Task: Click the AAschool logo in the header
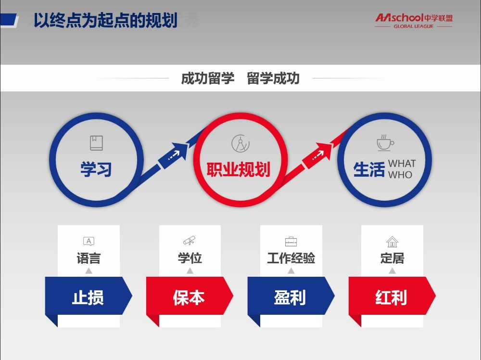414,21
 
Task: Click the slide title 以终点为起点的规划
105,20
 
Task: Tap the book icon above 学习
96,143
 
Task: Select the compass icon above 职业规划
240,143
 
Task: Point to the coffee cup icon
385,143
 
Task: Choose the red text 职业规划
239,169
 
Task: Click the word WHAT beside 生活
402,163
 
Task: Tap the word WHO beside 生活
400,175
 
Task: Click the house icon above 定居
392,242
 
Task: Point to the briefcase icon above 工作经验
291,242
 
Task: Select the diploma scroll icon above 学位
189,240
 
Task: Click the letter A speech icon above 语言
89,241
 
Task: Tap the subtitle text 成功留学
208,78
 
